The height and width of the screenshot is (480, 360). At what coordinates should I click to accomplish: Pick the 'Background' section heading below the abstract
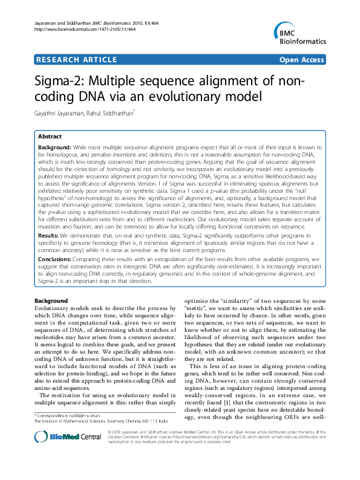point(51,300)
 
